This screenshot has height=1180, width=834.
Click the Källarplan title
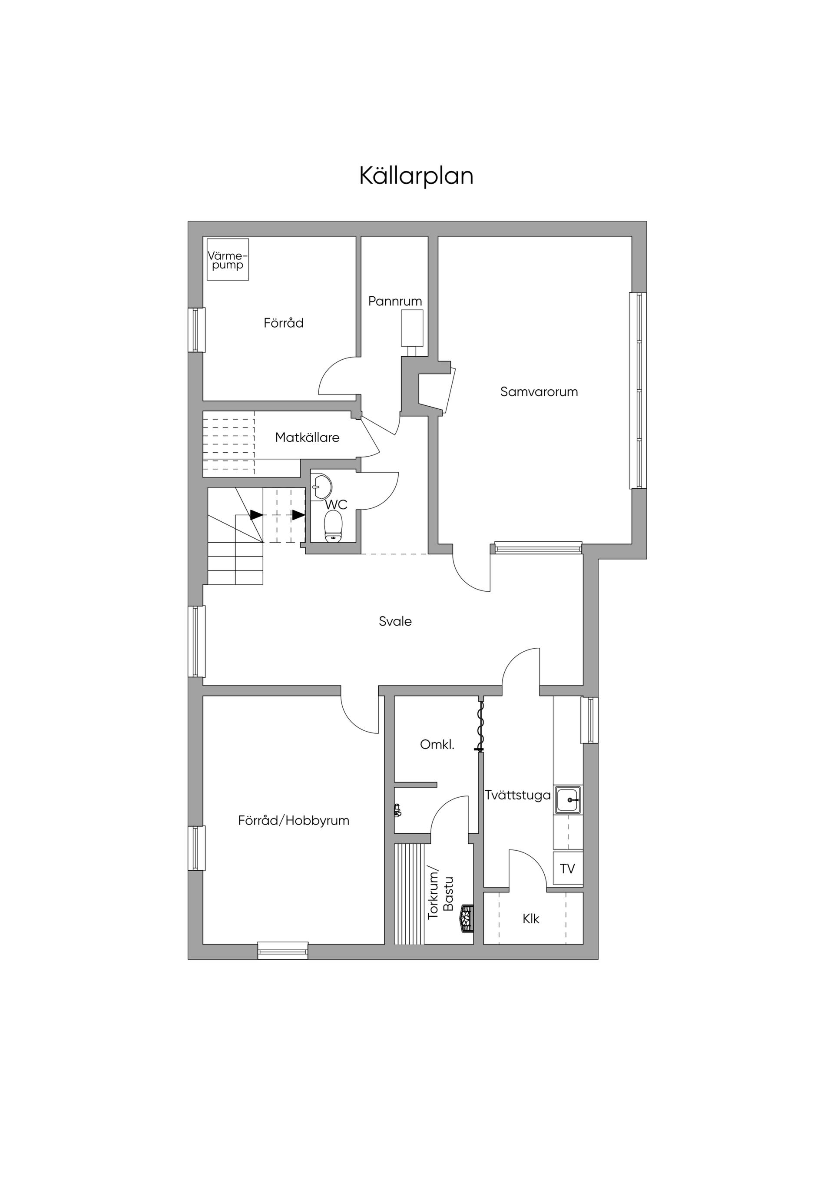pyautogui.click(x=416, y=176)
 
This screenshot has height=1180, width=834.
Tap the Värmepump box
pyautogui.click(x=228, y=259)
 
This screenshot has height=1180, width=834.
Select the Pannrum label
pyautogui.click(x=395, y=301)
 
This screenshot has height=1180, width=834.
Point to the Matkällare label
pyautogui.click(x=307, y=438)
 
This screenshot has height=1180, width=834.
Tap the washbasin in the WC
pyautogui.click(x=322, y=486)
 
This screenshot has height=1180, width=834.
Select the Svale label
pyautogui.click(x=395, y=621)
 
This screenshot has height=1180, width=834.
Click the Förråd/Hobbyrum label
pyautogui.click(x=293, y=821)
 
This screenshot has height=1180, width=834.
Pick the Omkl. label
pyautogui.click(x=437, y=744)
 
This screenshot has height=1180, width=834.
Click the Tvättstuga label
pyautogui.click(x=517, y=795)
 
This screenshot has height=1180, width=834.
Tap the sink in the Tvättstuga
pyautogui.click(x=568, y=800)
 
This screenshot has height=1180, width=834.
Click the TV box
pyautogui.click(x=568, y=868)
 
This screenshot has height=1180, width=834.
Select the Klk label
pyautogui.click(x=531, y=918)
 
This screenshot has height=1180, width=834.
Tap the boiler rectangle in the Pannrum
pyautogui.click(x=412, y=328)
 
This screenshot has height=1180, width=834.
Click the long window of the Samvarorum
pyautogui.click(x=638, y=391)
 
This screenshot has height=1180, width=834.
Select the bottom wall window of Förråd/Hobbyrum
pyautogui.click(x=283, y=950)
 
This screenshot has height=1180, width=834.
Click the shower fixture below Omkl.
pyautogui.click(x=398, y=810)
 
